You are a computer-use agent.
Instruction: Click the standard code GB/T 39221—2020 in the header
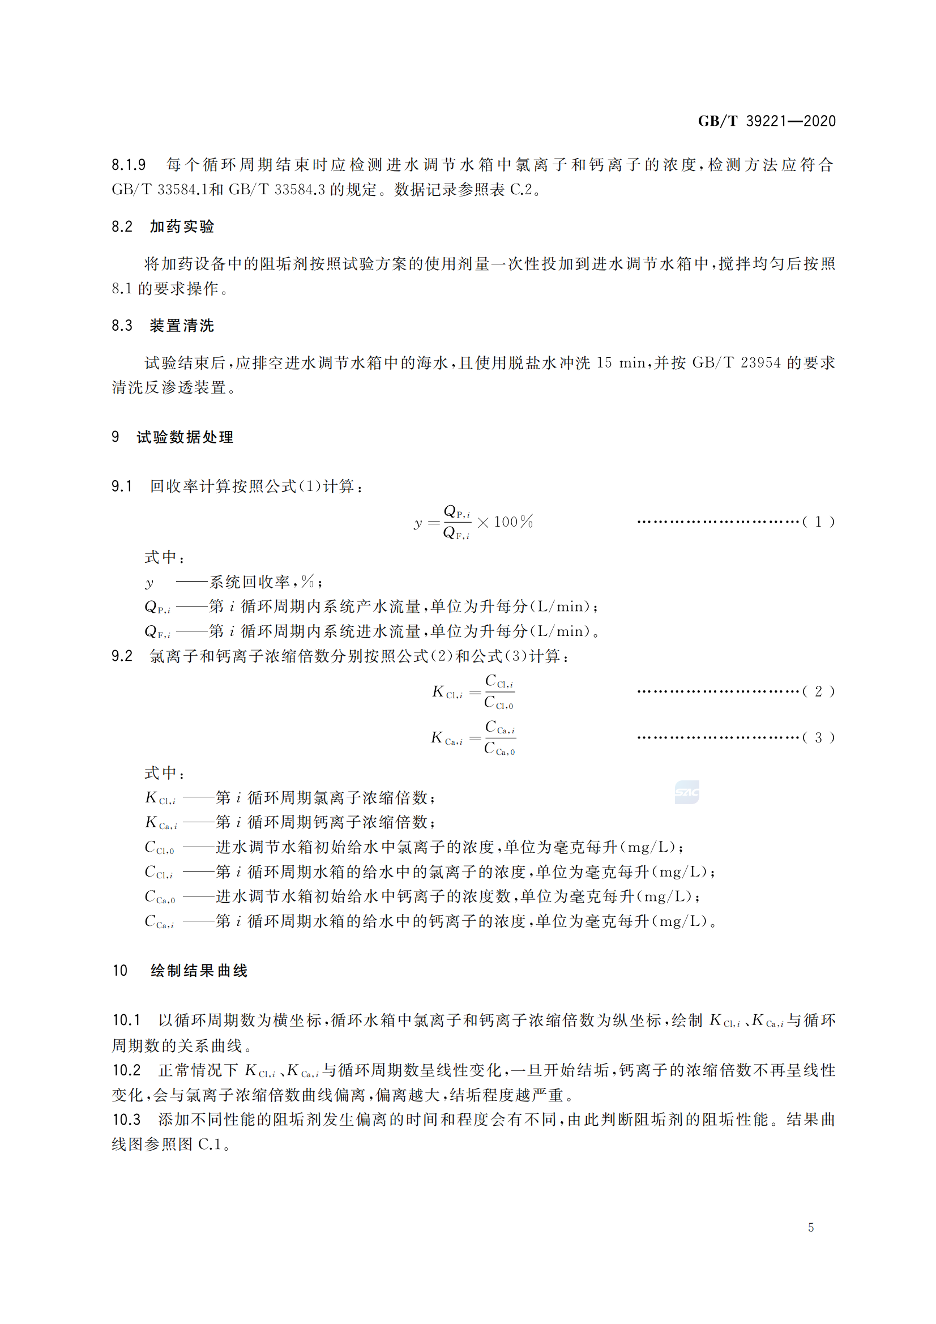(766, 121)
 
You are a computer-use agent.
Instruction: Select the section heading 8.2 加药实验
(163, 227)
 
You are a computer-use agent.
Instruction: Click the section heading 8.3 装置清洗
(163, 326)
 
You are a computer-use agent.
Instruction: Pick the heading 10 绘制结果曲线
(180, 971)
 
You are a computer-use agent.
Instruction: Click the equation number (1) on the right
(818, 522)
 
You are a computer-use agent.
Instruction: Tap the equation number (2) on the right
(818, 691)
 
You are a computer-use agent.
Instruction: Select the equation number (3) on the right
(818, 737)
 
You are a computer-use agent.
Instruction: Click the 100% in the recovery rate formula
(513, 522)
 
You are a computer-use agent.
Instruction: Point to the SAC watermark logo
(686, 792)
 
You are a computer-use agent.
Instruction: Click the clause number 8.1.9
(129, 165)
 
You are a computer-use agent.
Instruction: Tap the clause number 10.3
(126, 1120)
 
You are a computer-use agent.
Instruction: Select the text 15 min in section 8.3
(621, 363)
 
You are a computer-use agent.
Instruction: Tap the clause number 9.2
(122, 656)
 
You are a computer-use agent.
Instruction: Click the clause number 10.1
(126, 1020)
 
